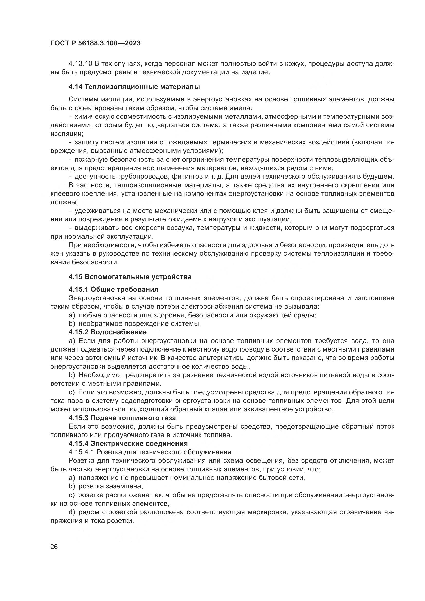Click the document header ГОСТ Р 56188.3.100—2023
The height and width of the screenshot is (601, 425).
coord(96,43)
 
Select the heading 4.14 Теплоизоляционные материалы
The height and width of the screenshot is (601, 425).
coord(134,87)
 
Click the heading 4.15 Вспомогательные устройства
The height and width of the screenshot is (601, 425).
coord(130,277)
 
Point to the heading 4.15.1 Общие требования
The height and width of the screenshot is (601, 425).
coord(114,289)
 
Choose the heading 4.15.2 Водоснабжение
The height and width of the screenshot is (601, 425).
coord(108,332)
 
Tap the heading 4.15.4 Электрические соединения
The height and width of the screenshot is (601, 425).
coord(128,443)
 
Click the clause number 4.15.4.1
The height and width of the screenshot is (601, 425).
coord(81,452)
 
